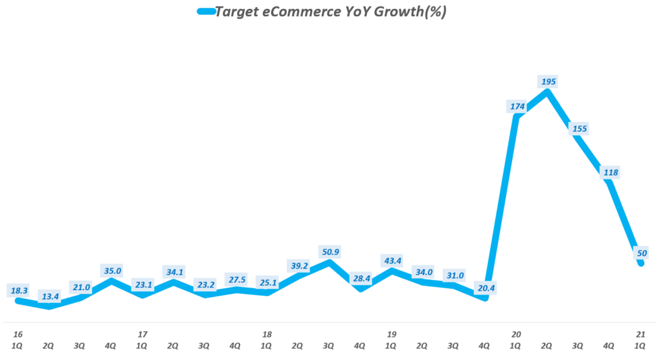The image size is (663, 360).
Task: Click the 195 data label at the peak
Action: (x=548, y=82)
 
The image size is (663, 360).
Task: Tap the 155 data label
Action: (x=579, y=129)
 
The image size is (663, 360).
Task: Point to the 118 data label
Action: (x=611, y=172)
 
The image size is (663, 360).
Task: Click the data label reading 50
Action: (x=642, y=253)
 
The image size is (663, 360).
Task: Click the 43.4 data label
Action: (x=392, y=260)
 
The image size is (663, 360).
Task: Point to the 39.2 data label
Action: (x=298, y=265)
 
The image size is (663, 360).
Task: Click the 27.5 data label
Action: (x=236, y=279)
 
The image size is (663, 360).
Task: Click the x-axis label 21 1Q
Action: (x=640, y=341)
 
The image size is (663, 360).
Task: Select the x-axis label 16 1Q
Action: (x=17, y=341)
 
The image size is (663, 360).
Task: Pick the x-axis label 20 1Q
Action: (x=516, y=341)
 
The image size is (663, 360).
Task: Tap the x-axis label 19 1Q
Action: (x=392, y=341)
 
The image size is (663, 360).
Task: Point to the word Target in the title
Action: (x=239, y=12)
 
